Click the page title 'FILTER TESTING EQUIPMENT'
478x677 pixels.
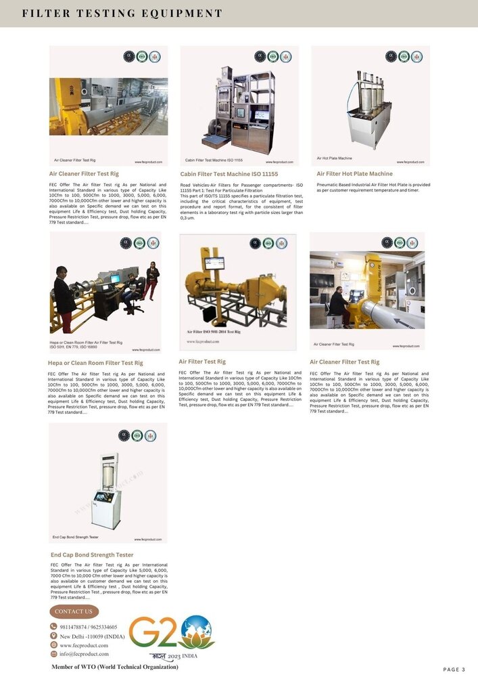click(122, 14)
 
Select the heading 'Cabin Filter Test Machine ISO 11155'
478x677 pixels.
click(229, 174)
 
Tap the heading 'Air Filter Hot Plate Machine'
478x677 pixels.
click(354, 174)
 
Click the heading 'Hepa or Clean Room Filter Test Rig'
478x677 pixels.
click(95, 363)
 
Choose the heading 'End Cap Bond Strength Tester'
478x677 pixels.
click(92, 554)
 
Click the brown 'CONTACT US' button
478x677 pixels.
click(74, 611)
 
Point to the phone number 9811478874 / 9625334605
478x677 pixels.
click(89, 627)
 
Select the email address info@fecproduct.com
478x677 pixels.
click(85, 654)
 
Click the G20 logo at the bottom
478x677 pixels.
click(172, 633)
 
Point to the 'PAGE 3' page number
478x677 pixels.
click(454, 670)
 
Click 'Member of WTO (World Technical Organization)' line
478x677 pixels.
click(115, 667)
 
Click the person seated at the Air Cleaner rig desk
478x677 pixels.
click(337, 305)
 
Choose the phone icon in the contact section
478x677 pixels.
click(53, 627)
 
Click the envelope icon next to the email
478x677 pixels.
click(53, 654)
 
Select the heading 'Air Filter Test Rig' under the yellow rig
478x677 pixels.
click(202, 362)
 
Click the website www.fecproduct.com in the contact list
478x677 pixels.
click(84, 645)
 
